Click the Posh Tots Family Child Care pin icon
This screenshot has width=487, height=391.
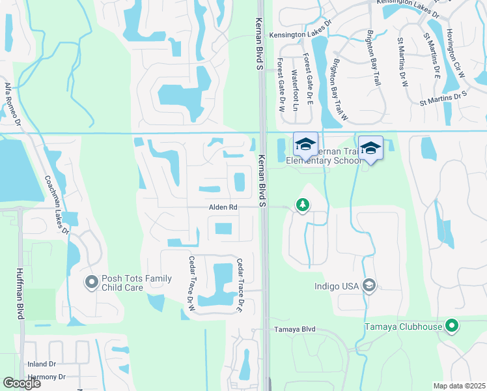click(91, 282)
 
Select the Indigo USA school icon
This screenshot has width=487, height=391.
click(369, 285)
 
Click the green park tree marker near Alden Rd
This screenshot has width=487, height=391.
click(303, 206)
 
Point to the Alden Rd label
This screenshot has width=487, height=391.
click(223, 207)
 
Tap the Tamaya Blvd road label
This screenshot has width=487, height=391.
click(294, 330)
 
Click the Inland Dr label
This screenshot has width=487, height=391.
click(42, 364)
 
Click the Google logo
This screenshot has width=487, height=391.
click(21, 383)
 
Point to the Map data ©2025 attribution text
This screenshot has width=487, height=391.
click(459, 386)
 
